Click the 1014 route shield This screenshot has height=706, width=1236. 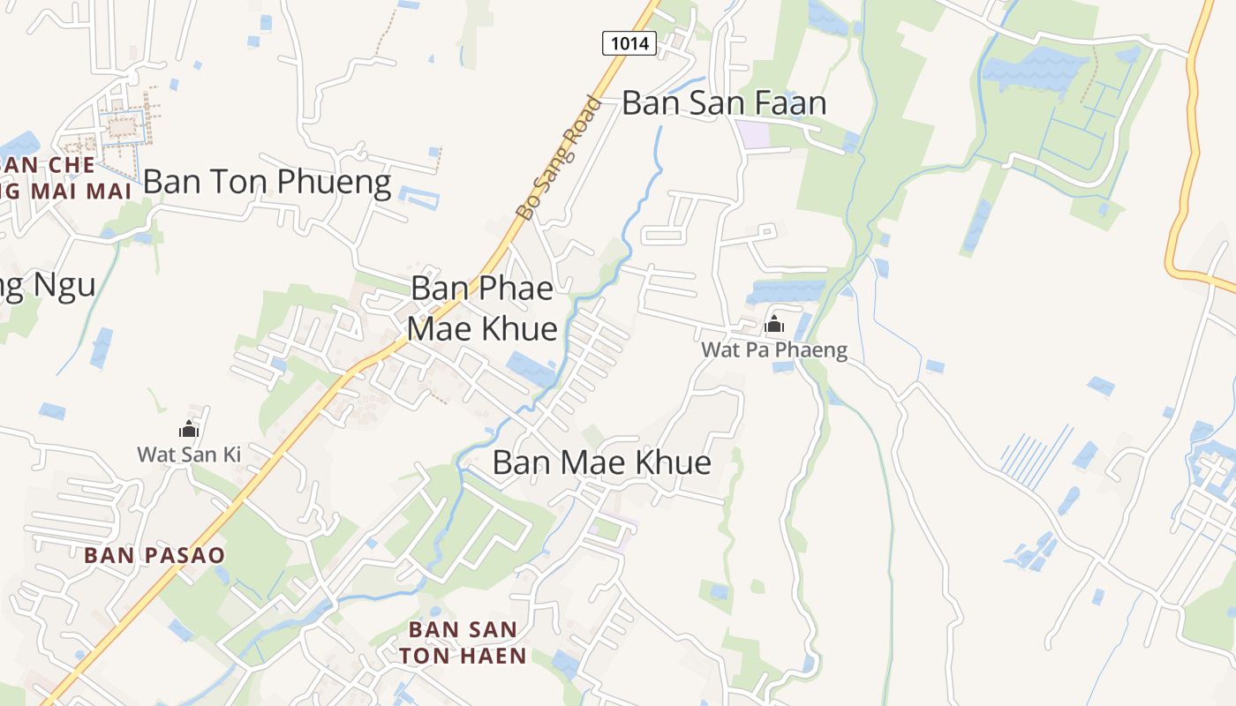tap(629, 42)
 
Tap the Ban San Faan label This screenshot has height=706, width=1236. tap(724, 102)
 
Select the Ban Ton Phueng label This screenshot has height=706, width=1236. tap(267, 182)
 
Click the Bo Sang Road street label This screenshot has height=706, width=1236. tap(558, 157)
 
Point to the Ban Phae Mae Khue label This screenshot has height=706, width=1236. tap(483, 308)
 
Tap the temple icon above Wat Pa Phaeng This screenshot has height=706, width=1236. tap(774, 324)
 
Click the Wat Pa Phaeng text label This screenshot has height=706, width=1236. tap(774, 350)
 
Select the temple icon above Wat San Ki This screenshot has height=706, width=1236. tap(188, 430)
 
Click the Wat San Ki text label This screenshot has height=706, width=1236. tap(188, 454)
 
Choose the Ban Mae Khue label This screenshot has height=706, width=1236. tap(601, 462)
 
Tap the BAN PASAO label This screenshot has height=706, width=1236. tap(154, 555)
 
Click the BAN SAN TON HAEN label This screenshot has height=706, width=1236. tap(463, 642)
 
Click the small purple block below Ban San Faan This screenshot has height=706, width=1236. tap(753, 134)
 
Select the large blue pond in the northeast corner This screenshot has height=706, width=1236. tap(1033, 67)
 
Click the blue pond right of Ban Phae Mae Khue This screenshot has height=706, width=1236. tap(531, 367)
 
